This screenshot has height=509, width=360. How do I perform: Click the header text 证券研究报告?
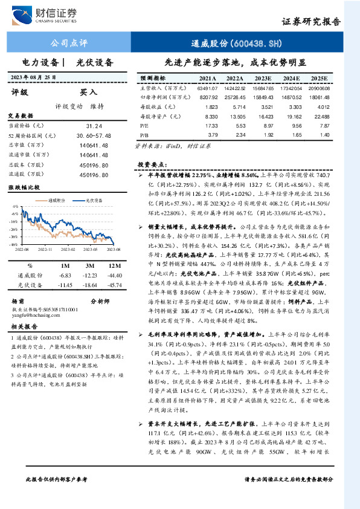click(x=311, y=22)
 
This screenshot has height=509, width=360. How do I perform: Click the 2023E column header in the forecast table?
click(x=263, y=78)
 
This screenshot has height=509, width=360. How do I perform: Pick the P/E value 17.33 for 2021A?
click(x=211, y=125)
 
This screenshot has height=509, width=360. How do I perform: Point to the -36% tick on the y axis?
click(x=14, y=237)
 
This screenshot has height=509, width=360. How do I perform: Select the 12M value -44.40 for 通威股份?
click(x=112, y=275)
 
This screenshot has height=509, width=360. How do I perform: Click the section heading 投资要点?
click(x=153, y=164)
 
